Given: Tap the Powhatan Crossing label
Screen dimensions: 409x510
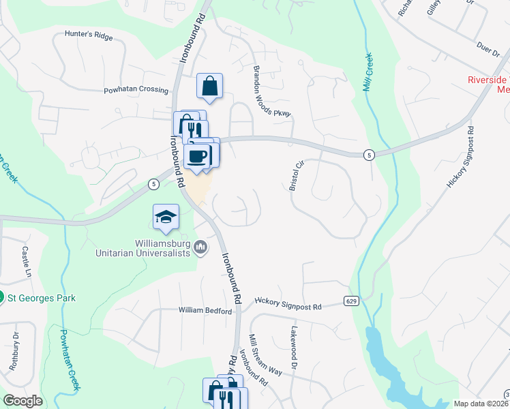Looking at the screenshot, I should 136,90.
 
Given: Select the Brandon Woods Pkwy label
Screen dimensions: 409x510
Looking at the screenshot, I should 272,91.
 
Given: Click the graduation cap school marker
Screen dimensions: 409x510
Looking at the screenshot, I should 166,217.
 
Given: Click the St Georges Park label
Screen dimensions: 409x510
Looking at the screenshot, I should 42,298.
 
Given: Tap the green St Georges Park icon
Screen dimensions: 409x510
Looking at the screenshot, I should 2,298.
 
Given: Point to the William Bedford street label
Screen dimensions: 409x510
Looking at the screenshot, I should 205,311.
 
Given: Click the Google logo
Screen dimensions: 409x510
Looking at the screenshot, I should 22,401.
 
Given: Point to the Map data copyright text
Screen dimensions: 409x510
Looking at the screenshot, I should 481,404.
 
